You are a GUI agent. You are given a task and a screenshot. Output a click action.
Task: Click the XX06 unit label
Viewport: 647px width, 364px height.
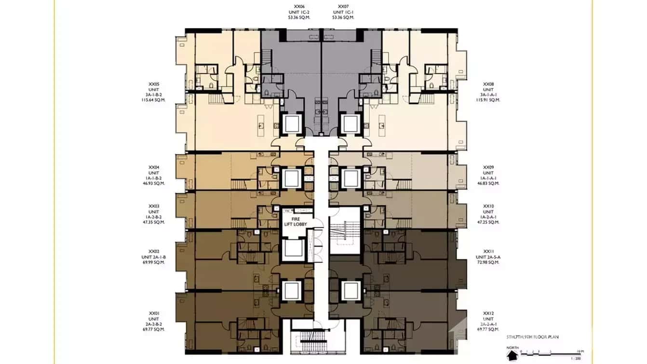pos(299,6)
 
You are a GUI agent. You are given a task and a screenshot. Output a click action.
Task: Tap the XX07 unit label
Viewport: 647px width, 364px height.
pos(343,6)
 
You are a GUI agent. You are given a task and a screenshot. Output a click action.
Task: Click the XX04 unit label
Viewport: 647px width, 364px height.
pos(154,167)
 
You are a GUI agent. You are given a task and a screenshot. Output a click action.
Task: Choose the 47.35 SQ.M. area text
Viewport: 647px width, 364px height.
pos(153,222)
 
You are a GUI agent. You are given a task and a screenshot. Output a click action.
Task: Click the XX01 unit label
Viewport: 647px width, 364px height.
pos(154,313)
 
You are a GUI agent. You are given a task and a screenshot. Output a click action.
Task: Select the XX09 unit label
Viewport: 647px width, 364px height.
pos(488,167)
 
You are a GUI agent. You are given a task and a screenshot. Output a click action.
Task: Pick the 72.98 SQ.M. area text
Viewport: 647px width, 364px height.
pos(488,263)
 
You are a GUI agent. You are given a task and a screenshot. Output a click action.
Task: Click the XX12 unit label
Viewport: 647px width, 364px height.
pos(488,313)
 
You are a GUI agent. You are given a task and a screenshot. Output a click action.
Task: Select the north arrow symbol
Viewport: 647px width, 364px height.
pos(512,355)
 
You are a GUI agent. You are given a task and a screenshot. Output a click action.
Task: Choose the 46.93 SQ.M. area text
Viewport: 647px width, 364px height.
pos(153,183)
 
